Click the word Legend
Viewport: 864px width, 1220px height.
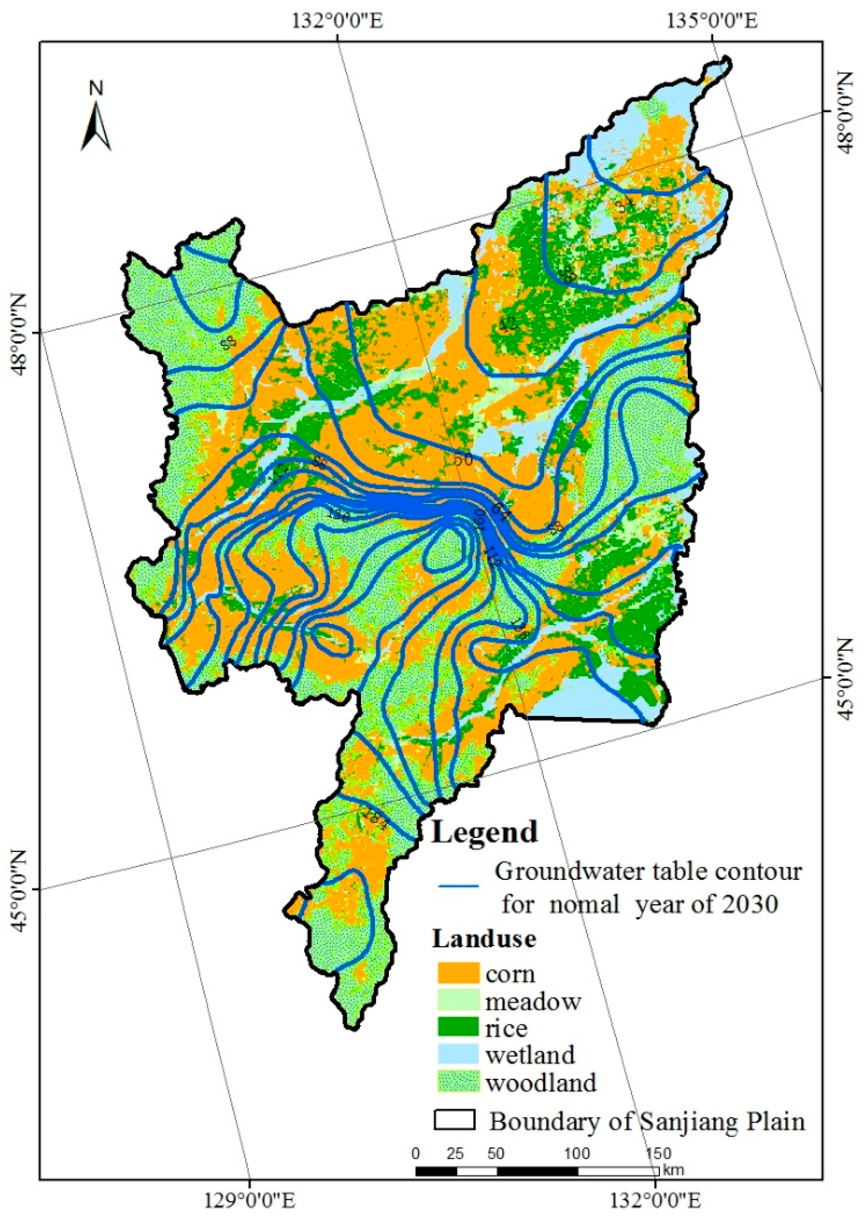pos(485,831)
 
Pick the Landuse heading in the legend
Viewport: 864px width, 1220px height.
pos(484,939)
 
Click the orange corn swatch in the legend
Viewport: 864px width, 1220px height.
pos(458,973)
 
